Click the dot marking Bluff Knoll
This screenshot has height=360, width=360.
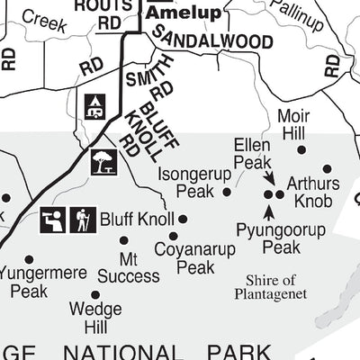183,219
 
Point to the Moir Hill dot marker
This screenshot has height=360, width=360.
301,150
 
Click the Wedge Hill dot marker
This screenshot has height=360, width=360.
94,294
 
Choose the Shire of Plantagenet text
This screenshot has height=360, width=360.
271,286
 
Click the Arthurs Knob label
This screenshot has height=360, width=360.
313,190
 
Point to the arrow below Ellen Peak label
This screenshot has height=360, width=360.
269,179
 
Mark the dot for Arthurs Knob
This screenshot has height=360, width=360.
327,168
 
